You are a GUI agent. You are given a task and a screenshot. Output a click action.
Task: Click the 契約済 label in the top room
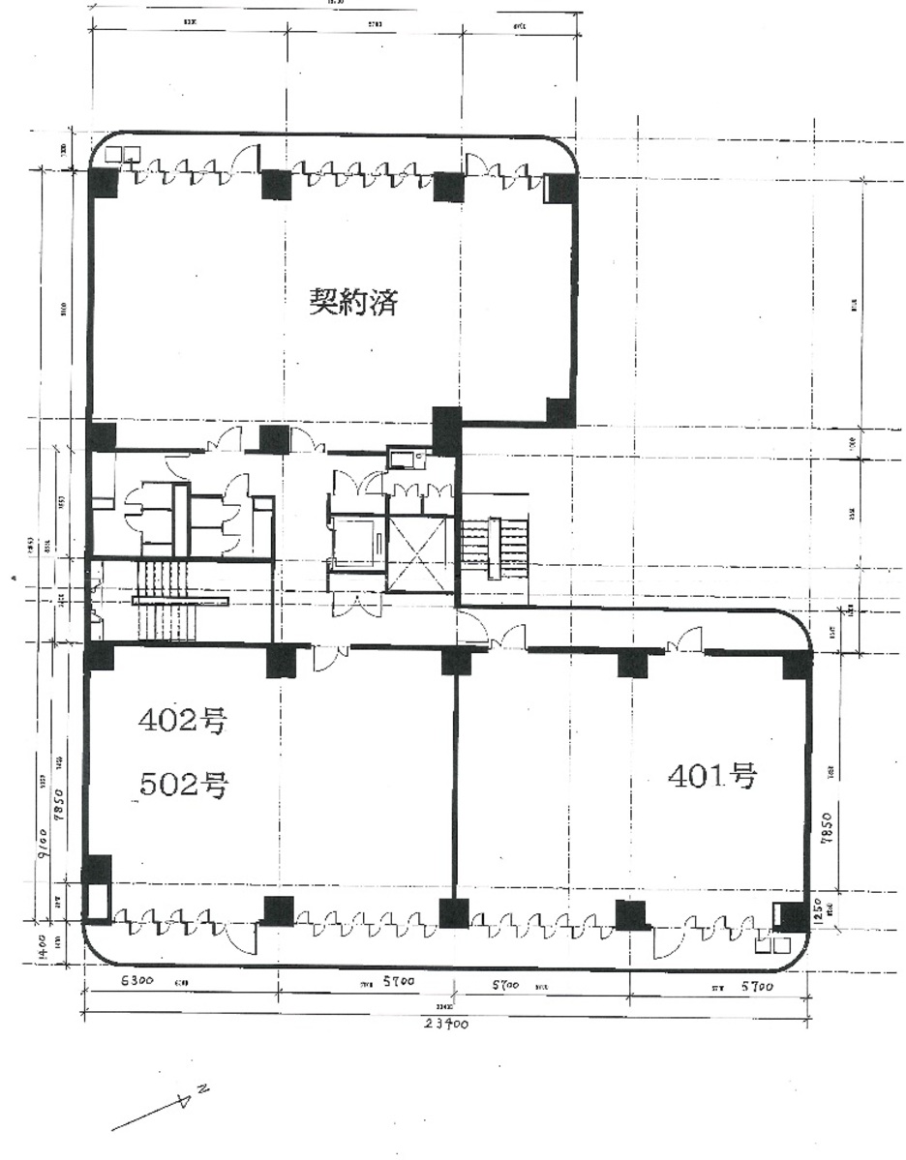(x=353, y=303)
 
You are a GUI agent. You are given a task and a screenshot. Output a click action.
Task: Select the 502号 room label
(x=184, y=786)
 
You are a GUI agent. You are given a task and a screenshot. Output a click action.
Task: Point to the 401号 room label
(x=712, y=775)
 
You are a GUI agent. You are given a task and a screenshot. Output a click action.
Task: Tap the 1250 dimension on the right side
(x=819, y=911)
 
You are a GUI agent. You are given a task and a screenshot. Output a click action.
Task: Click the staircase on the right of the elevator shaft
(x=494, y=549)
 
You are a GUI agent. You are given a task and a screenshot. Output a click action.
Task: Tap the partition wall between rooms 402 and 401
(x=455, y=784)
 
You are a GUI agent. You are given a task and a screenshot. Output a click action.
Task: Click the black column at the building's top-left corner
(x=103, y=180)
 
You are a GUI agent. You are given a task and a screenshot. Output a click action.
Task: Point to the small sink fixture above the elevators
(x=401, y=457)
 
